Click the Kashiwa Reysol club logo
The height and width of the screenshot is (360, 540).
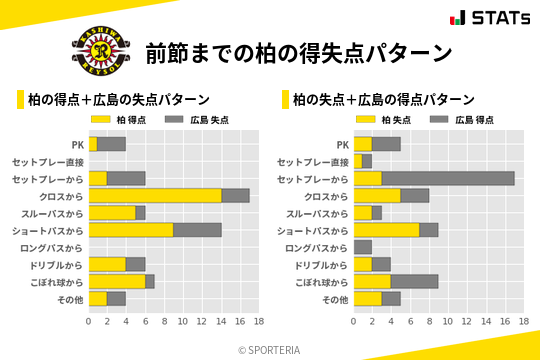(98, 50)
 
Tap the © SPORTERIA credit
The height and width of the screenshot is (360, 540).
(270, 349)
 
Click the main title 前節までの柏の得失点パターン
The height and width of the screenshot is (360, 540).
(297, 52)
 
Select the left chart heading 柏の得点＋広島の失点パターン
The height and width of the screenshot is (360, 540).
(118, 99)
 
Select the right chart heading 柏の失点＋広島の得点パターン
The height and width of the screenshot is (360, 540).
(383, 99)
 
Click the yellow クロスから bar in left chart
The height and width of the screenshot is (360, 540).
(155, 196)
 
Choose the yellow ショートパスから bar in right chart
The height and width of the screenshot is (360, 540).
(386, 230)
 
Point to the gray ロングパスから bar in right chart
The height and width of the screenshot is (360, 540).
(362, 247)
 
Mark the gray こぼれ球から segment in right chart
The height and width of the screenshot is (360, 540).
(414, 281)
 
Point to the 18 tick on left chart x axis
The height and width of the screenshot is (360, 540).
(258, 321)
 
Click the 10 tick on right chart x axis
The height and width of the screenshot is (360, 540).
(448, 321)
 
